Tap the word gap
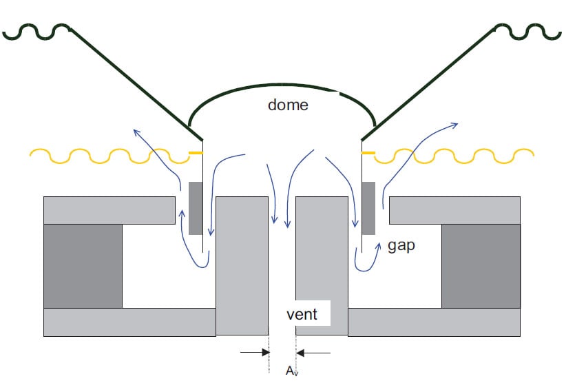pos(401,245)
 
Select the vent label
pos(302,314)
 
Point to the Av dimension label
pos(291,371)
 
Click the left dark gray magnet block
pos(83,265)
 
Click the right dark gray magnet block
pos(480,265)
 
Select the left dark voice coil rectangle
pos(196,207)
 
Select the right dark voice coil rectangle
pos(368,207)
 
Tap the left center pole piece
pos(242,265)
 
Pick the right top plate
pos(454,210)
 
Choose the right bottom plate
pos(434,322)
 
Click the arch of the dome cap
pos(275,88)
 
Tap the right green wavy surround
pos(530,31)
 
